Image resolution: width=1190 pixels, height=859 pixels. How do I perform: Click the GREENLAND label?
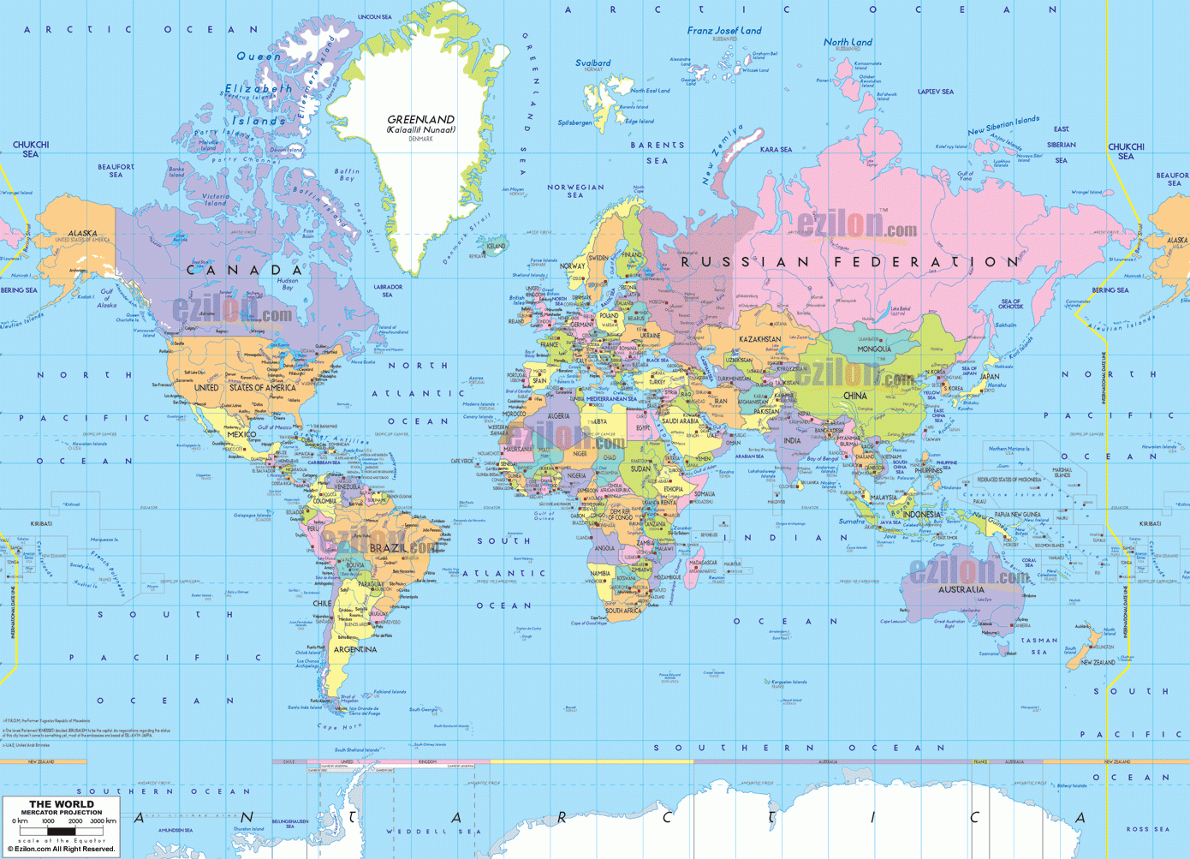420,120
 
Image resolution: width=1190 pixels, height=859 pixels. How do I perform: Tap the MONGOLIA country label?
874,349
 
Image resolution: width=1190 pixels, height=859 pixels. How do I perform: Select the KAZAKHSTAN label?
759,339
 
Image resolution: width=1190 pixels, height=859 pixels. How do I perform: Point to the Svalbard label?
592,63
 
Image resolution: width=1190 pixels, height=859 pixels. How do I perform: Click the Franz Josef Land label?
723,31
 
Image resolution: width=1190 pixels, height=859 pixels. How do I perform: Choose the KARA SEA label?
776,150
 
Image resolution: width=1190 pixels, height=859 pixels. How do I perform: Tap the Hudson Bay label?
288,283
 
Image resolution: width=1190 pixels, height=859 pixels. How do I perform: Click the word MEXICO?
241,434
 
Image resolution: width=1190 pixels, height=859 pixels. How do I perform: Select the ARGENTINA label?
354,649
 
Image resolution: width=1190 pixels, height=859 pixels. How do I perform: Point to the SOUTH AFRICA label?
623,611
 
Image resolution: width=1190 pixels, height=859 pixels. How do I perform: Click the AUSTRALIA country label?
961,589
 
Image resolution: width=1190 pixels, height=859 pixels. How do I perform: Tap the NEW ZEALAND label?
1098,662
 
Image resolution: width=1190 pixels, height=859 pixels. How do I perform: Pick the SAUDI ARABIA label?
681,421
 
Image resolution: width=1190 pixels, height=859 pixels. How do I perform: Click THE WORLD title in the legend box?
62,804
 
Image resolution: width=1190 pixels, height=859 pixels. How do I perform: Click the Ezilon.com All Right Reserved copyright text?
61,849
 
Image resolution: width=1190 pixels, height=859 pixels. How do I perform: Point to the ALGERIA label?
558,416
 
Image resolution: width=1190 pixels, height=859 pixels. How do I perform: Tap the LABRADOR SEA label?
388,290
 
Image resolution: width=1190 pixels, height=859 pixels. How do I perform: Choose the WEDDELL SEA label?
428,831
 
